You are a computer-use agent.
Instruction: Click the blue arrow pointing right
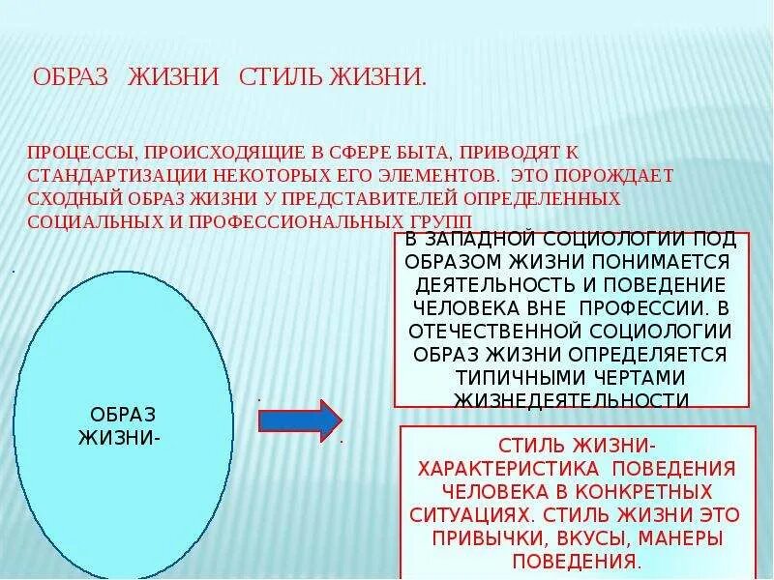(x=299, y=420)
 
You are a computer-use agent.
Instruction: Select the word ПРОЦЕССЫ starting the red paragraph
(x=80, y=154)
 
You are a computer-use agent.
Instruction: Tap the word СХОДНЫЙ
(x=70, y=200)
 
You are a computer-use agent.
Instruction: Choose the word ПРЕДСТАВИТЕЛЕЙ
(x=372, y=200)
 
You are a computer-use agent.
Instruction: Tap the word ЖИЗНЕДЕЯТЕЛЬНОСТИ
(x=571, y=398)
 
